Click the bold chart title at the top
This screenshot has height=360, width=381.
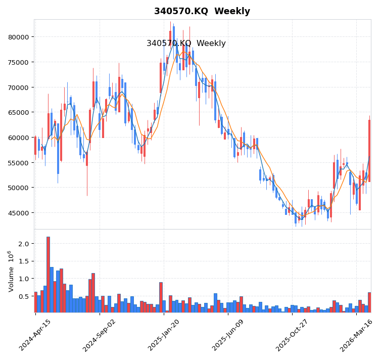[x=202, y=11]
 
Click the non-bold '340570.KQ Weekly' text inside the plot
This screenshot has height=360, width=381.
[x=186, y=43]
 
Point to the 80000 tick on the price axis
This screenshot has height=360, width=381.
[x=18, y=37]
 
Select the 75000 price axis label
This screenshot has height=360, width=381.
[x=18, y=62]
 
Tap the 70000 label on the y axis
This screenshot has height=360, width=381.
[x=18, y=87]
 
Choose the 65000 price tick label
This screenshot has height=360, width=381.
[x=18, y=112]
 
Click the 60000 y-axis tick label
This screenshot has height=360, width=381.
[x=18, y=138]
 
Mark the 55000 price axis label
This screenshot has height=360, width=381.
[x=18, y=163]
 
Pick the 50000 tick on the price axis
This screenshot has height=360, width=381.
[x=18, y=188]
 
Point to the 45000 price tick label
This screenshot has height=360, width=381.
[x=18, y=213]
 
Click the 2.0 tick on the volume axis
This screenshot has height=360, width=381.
[x=24, y=244]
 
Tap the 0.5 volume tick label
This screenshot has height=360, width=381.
[x=24, y=296]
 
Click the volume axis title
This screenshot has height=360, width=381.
[x=10, y=271]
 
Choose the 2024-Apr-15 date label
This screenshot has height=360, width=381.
[x=35, y=335]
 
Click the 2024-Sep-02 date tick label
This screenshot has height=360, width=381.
[x=100, y=335]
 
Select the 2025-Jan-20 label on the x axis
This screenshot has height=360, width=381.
[x=164, y=335]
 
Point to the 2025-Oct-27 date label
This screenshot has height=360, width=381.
[x=292, y=335]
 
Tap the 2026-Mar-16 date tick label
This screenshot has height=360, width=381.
[x=357, y=335]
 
